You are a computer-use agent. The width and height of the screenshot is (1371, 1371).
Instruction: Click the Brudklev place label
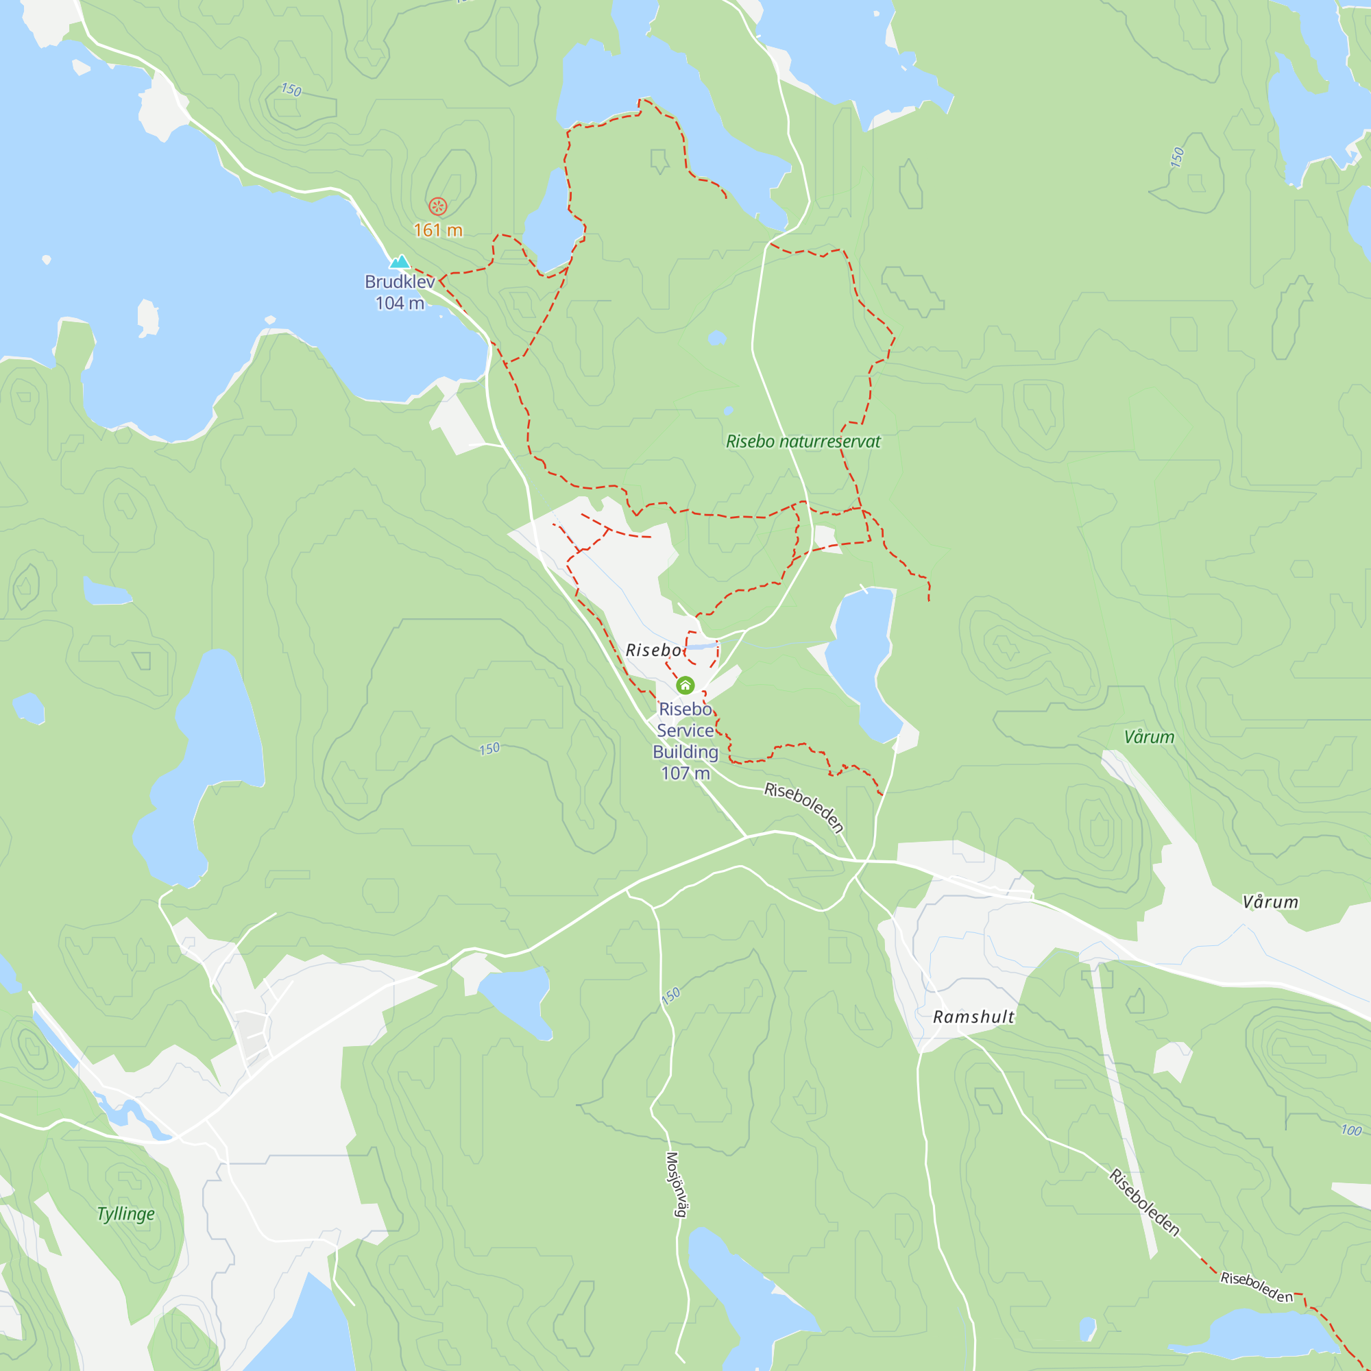pos(400,282)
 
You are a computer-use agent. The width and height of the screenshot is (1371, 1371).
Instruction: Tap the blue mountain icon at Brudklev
pos(400,262)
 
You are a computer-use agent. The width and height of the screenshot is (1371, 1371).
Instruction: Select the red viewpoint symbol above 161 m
pos(438,206)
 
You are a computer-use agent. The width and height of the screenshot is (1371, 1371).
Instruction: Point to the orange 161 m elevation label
pos(438,230)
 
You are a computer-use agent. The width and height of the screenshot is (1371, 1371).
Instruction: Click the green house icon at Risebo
pos(685,685)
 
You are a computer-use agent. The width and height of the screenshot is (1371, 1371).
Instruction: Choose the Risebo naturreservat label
pos(803,441)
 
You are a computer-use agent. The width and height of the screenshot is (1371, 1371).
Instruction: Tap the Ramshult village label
pos(973,1017)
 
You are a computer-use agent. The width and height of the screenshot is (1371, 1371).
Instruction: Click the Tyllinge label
pos(125,1213)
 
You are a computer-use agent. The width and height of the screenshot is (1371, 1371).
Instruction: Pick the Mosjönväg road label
pos(676,1185)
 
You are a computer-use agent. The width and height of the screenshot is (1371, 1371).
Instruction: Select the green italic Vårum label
pos(1149,738)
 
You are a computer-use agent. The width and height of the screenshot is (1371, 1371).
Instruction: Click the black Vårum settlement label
pos(1270,902)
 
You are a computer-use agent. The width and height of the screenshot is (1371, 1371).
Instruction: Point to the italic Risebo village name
pos(653,650)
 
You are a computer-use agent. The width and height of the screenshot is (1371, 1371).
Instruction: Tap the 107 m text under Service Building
pos(685,773)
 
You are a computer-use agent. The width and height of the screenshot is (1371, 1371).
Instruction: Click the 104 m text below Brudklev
pos(400,304)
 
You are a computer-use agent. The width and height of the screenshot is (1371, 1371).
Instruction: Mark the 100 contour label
pos(1351,1130)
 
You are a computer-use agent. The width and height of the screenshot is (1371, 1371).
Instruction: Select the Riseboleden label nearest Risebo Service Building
pos(804,807)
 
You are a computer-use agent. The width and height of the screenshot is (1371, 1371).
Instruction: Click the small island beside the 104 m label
pos(147,317)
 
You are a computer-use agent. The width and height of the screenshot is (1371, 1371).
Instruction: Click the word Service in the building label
pos(685,730)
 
